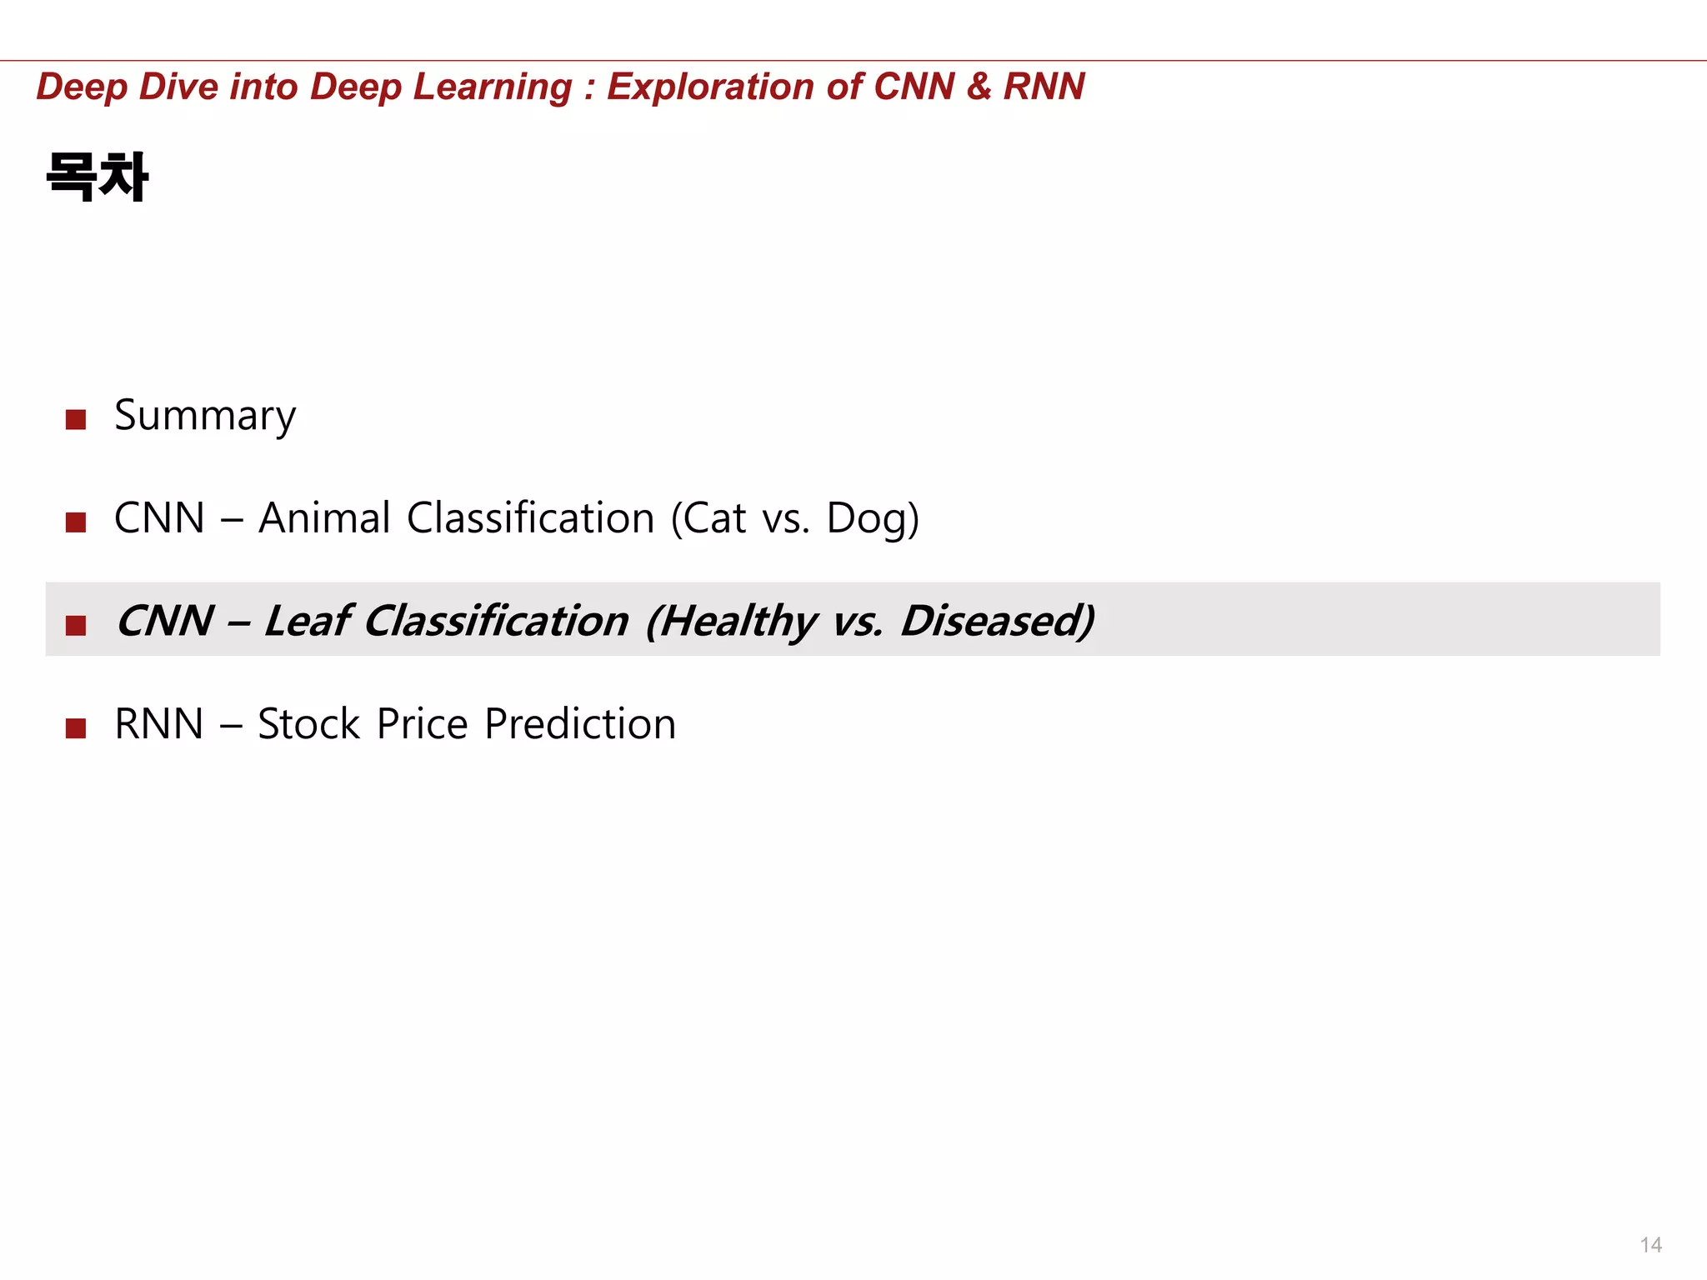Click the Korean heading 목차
pyautogui.click(x=98, y=177)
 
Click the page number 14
pyautogui.click(x=1650, y=1245)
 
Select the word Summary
pyautogui.click(x=205, y=415)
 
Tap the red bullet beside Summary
pyautogui.click(x=76, y=419)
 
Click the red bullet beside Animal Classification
pyautogui.click(x=76, y=522)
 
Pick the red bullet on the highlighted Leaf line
pyautogui.click(x=76, y=625)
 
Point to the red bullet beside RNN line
pyautogui.click(x=76, y=728)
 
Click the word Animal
pyautogui.click(x=324, y=517)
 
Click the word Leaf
pyautogui.click(x=307, y=621)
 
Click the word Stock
pyautogui.click(x=308, y=723)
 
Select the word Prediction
pyautogui.click(x=580, y=723)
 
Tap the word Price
pyautogui.click(x=423, y=723)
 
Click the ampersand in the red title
pyautogui.click(x=979, y=87)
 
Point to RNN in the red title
pyautogui.click(x=1044, y=87)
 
